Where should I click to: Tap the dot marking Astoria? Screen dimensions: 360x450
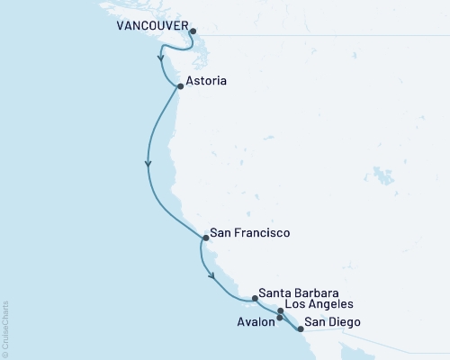pyautogui.click(x=181, y=86)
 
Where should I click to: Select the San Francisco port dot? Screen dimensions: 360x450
pyautogui.click(x=206, y=238)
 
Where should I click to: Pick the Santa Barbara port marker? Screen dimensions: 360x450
pyautogui.click(x=255, y=296)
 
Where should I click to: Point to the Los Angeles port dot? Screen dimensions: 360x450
pyautogui.click(x=281, y=310)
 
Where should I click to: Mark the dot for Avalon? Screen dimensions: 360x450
pyautogui.click(x=280, y=318)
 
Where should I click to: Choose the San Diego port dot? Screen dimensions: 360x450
pyautogui.click(x=301, y=328)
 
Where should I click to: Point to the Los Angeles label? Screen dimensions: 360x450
pyautogui.click(x=323, y=305)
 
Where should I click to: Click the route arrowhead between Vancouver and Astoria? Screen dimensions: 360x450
pyautogui.click(x=161, y=60)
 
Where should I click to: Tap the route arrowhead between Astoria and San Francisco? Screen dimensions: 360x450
pyautogui.click(x=148, y=164)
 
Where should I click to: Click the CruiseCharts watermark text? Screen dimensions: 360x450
pyautogui.click(x=5, y=329)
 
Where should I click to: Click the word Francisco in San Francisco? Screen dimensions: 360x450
pyautogui.click(x=262, y=233)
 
